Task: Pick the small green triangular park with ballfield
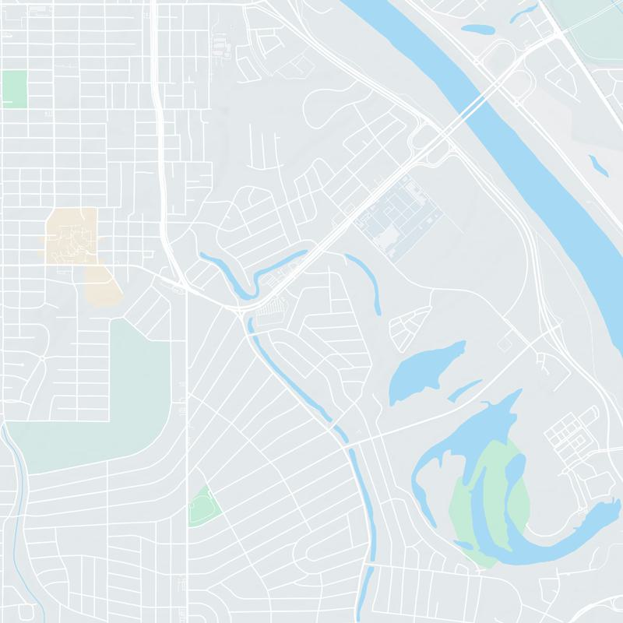click(202, 508)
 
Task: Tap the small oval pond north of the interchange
click(476, 30)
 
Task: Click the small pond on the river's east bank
click(598, 164)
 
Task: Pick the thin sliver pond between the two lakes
click(466, 389)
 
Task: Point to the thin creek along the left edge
click(20, 483)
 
